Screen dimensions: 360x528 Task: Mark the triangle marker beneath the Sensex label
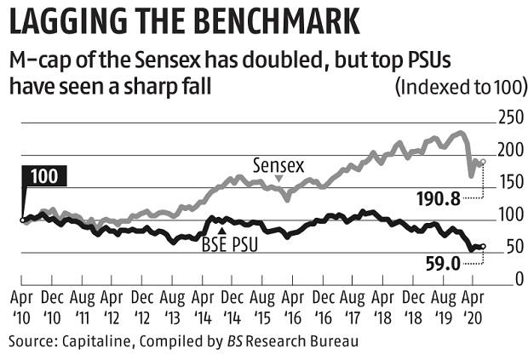(278, 176)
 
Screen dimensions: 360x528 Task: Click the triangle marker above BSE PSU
(221, 231)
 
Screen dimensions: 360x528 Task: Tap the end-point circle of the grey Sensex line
(483, 162)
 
